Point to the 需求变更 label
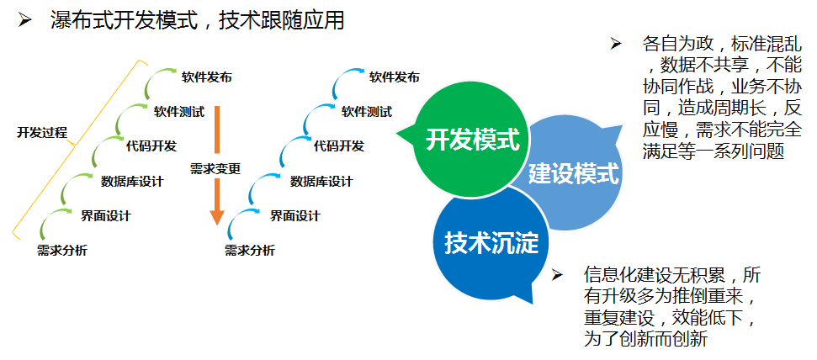coord(215,168)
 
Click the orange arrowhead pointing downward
coord(217,217)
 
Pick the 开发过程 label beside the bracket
coord(42,132)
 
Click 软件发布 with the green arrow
coord(207,77)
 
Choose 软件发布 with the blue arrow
coord(395,77)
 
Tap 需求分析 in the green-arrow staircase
coord(62,251)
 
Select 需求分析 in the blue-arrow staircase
coord(250,251)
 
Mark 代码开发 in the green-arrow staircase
coord(151,146)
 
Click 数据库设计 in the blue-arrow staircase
coord(321,182)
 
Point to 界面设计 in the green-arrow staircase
coord(106,215)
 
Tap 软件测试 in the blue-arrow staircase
coord(367,112)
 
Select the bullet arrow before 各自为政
coord(617,44)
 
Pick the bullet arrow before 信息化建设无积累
coord(557,274)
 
